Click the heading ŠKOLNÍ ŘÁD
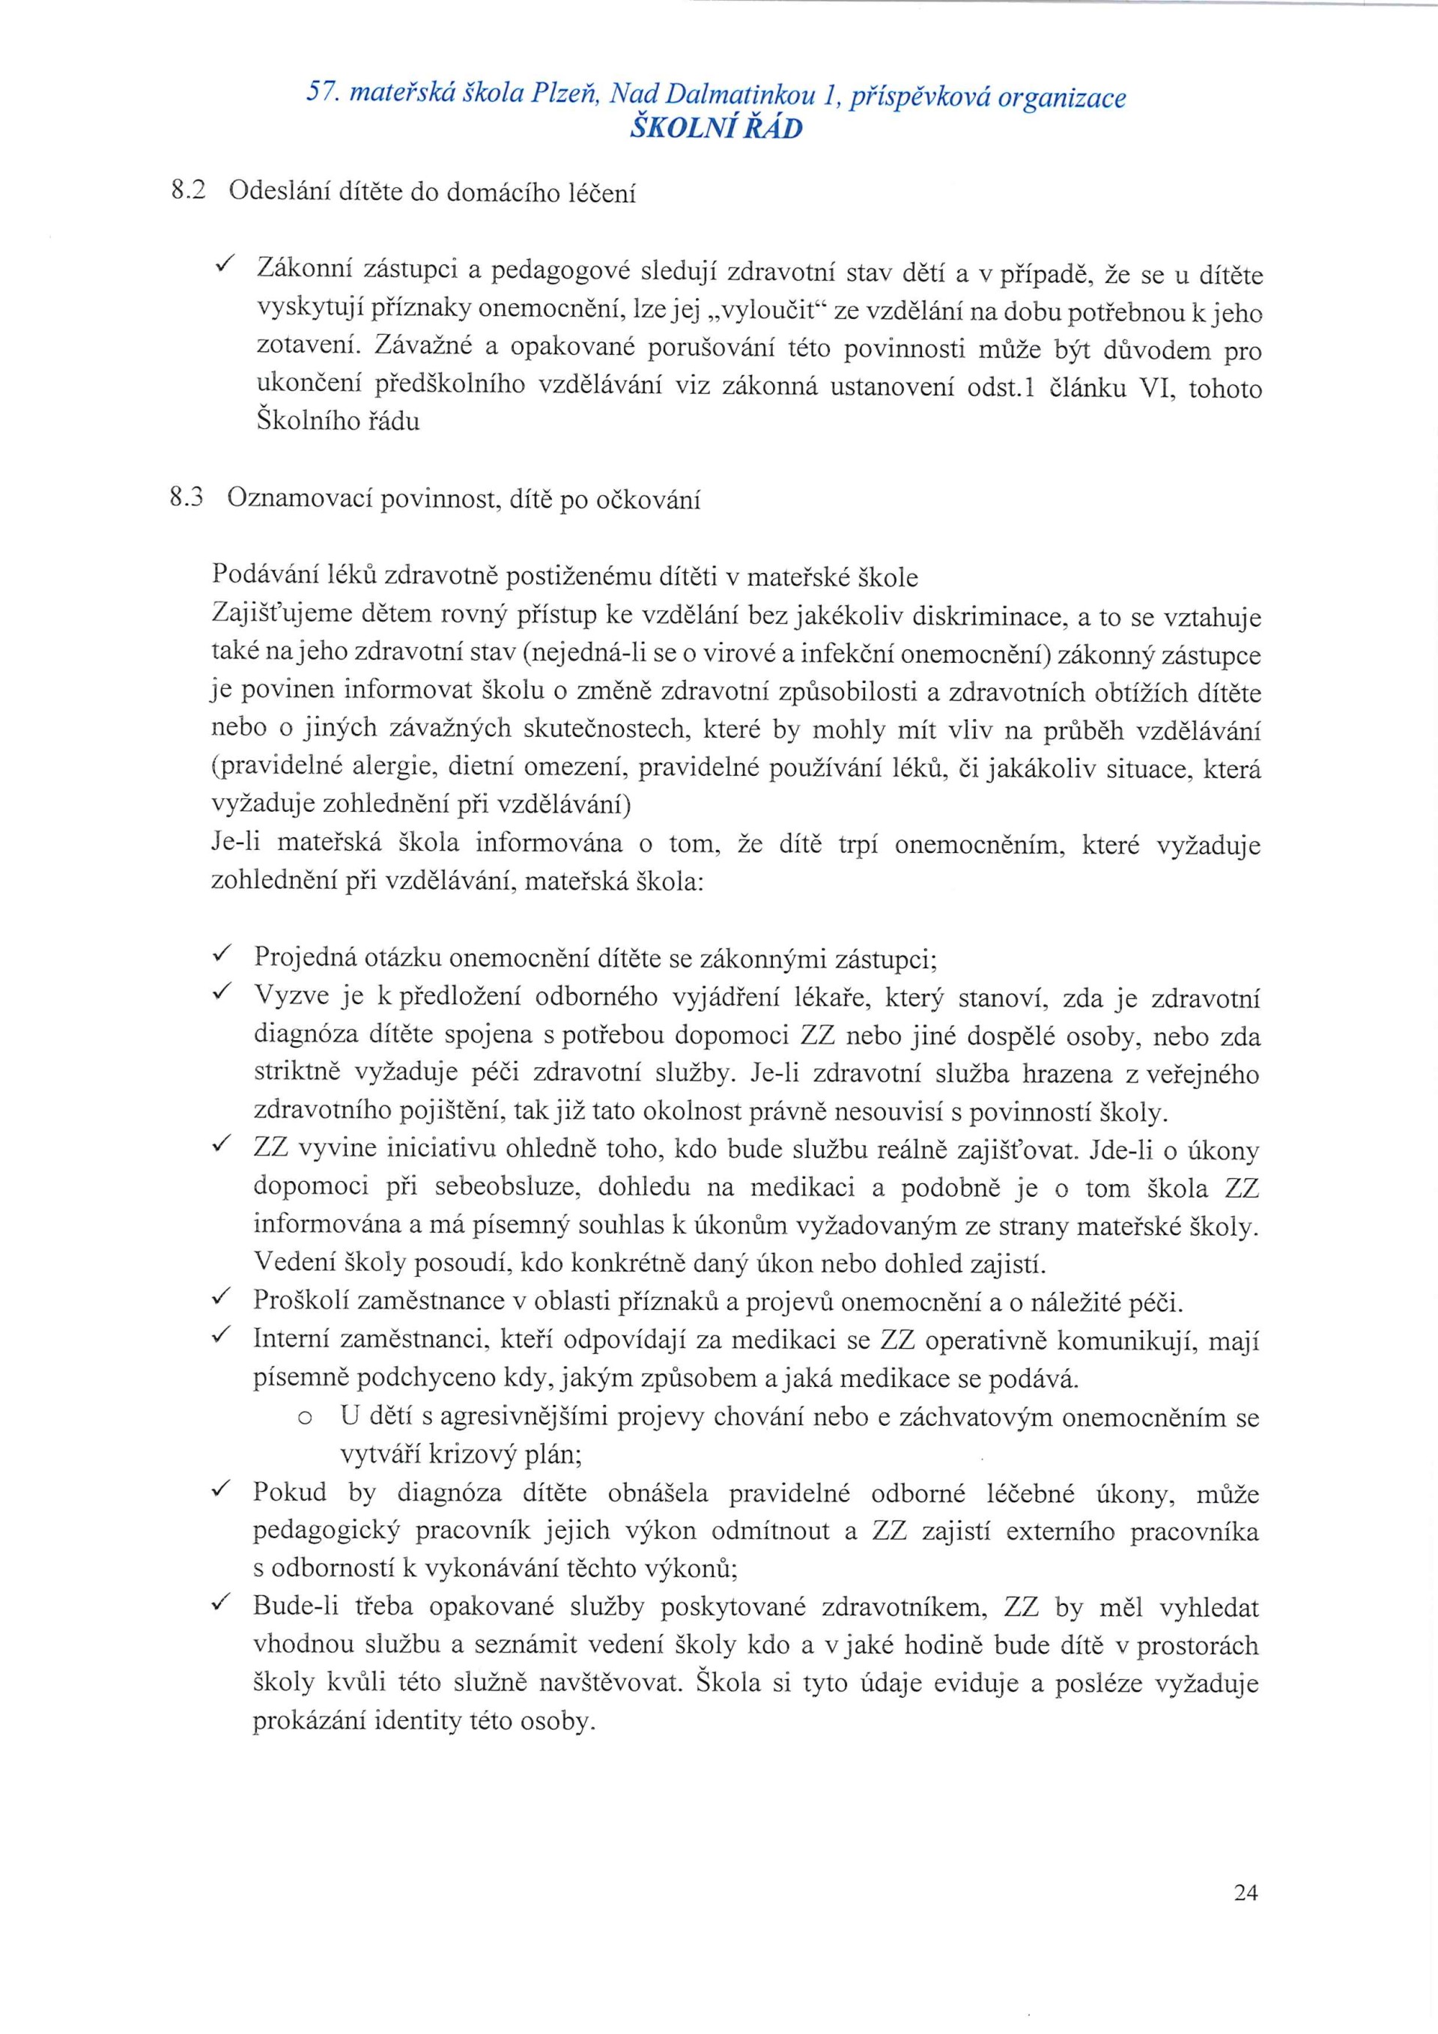coord(716,129)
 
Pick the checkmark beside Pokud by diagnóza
coord(222,1492)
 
